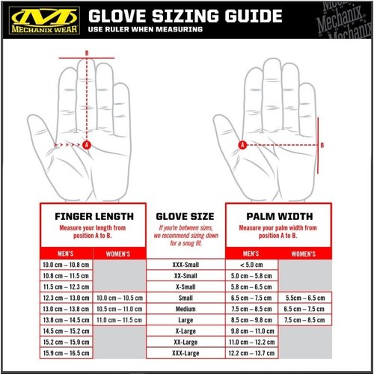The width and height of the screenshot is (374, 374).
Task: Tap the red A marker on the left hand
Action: pyautogui.click(x=87, y=144)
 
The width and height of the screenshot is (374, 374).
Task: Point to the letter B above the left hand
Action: pyautogui.click(x=87, y=52)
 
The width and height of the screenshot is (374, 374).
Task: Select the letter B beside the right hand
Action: pyautogui.click(x=322, y=146)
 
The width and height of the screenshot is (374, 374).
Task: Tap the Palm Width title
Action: pyautogui.click(x=278, y=217)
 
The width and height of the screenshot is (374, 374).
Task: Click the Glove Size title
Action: pyautogui.click(x=186, y=217)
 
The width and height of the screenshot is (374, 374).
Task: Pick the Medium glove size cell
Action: pyautogui.click(x=186, y=308)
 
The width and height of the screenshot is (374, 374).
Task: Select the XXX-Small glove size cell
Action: pyautogui.click(x=186, y=265)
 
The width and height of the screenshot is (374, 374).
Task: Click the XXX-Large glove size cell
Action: pyautogui.click(x=186, y=352)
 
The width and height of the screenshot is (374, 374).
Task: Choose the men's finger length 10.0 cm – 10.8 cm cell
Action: pyautogui.click(x=64, y=265)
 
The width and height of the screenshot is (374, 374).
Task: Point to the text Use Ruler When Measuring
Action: pyautogui.click(x=145, y=29)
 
